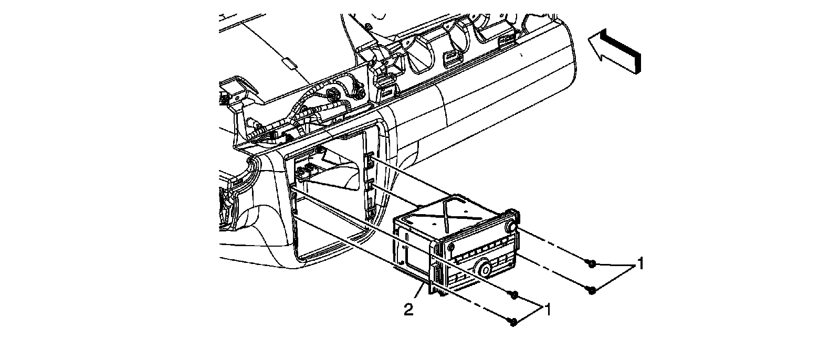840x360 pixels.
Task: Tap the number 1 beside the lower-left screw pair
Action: pyautogui.click(x=548, y=310)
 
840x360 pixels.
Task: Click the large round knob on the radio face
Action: pyautogui.click(x=484, y=271)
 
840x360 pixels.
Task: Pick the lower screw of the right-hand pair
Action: pyautogui.click(x=592, y=289)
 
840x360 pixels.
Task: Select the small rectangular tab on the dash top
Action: pyautogui.click(x=289, y=65)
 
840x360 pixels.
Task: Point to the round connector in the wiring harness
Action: pyautogui.click(x=332, y=95)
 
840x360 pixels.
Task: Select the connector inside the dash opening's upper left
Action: pyautogui.click(x=307, y=171)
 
